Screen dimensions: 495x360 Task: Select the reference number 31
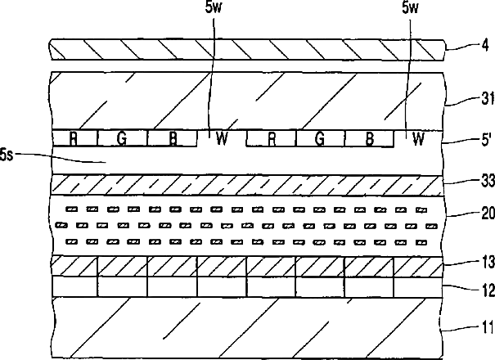tap(482, 101)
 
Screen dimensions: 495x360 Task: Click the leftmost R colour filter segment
tap(74, 138)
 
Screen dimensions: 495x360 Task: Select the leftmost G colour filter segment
tap(122, 138)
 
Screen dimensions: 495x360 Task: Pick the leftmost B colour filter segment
tap(173, 138)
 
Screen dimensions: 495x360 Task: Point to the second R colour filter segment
tap(271, 138)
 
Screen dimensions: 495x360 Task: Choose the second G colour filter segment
tap(320, 138)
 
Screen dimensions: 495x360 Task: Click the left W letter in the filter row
tap(221, 139)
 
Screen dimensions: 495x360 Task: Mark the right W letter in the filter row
tap(419, 139)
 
